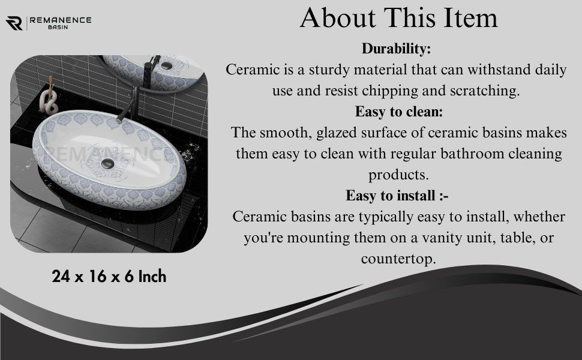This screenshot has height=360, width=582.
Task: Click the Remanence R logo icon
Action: (14, 23)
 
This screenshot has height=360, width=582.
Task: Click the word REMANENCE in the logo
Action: (61, 20)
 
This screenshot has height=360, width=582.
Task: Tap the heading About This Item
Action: (398, 17)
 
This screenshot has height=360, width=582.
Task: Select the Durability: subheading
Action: (396, 49)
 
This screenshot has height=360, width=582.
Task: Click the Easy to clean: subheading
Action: (399, 112)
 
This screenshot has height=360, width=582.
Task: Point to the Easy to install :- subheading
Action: (397, 196)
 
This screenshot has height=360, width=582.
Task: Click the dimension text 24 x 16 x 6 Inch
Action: (109, 277)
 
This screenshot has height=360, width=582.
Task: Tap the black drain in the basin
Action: (109, 163)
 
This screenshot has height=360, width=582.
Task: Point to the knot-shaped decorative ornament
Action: (49, 100)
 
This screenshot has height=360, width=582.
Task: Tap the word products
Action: (398, 175)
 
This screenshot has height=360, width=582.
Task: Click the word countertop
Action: (398, 259)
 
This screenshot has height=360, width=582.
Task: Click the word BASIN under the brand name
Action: (58, 27)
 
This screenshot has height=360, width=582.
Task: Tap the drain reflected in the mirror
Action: (166, 65)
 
